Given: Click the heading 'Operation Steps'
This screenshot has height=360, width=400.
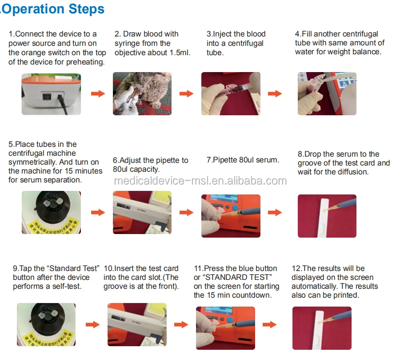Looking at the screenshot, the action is click(x=53, y=9).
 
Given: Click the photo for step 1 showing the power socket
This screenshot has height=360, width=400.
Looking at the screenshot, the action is click(x=51, y=94).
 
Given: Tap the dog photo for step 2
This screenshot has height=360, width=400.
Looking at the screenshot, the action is click(x=142, y=93).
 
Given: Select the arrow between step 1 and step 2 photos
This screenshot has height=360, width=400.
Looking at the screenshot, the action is click(x=98, y=93).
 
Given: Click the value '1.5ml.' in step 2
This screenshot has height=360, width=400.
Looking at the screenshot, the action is click(x=180, y=53).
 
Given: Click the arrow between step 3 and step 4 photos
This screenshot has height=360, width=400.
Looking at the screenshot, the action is click(x=275, y=93).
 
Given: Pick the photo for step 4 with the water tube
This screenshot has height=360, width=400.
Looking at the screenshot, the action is click(x=327, y=93).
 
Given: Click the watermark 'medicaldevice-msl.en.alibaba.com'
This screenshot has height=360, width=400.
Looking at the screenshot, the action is click(x=200, y=181).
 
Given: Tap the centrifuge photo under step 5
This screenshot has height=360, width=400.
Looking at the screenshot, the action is click(x=51, y=212).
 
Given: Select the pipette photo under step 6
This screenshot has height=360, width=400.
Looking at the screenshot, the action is click(x=142, y=212).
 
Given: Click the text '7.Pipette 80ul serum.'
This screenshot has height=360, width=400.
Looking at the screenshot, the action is click(x=243, y=160).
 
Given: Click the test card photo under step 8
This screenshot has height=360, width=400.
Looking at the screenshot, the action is click(x=327, y=216).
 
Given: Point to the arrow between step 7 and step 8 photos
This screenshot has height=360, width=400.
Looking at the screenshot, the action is click(x=275, y=212).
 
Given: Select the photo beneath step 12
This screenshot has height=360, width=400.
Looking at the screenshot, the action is click(x=322, y=328).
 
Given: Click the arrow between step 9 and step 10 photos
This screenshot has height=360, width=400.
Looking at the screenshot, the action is click(x=92, y=324).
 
